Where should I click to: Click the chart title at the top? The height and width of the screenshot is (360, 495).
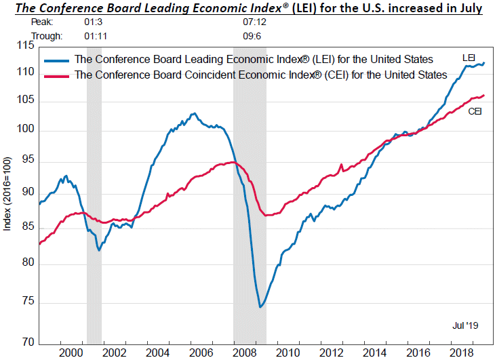tap(247, 8)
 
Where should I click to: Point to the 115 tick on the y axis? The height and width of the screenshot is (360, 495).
tap(24, 45)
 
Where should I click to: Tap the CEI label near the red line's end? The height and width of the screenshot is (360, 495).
tap(475, 111)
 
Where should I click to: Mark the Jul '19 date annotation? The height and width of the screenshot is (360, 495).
tap(465, 326)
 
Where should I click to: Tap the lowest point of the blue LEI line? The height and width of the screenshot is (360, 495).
tap(260, 307)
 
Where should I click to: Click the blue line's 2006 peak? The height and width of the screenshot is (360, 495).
tap(194, 113)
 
